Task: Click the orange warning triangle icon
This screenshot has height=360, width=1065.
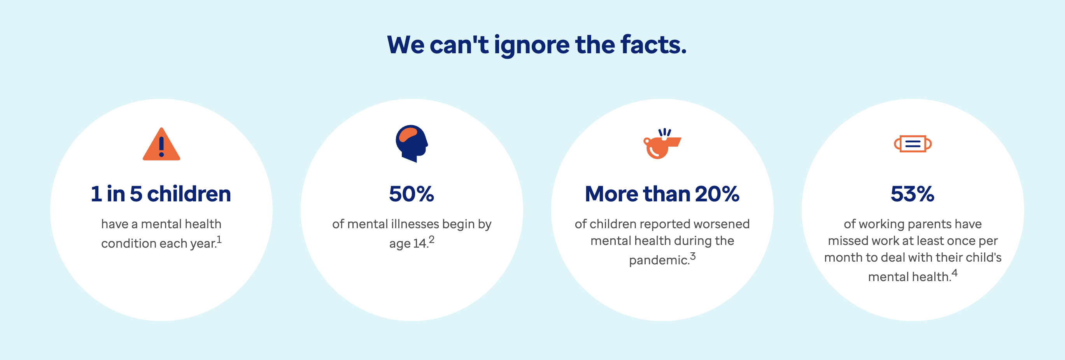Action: click(161, 144)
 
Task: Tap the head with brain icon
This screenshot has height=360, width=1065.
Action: click(412, 144)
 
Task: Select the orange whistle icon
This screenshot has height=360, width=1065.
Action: click(662, 143)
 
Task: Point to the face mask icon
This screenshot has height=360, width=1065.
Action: click(913, 144)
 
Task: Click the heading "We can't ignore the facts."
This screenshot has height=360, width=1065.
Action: click(537, 45)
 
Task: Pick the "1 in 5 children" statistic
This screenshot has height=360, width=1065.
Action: click(161, 194)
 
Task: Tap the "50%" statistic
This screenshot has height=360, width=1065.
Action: click(412, 194)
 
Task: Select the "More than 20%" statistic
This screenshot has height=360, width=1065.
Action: click(662, 194)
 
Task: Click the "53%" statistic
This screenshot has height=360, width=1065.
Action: click(913, 194)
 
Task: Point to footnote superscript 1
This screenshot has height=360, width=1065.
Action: click(219, 239)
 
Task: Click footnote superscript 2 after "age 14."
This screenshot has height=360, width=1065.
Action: click(432, 239)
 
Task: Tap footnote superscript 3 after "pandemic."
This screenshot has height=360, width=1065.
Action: click(693, 256)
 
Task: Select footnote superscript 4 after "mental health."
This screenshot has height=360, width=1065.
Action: click(955, 273)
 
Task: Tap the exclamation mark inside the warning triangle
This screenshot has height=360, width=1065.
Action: click(161, 146)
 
